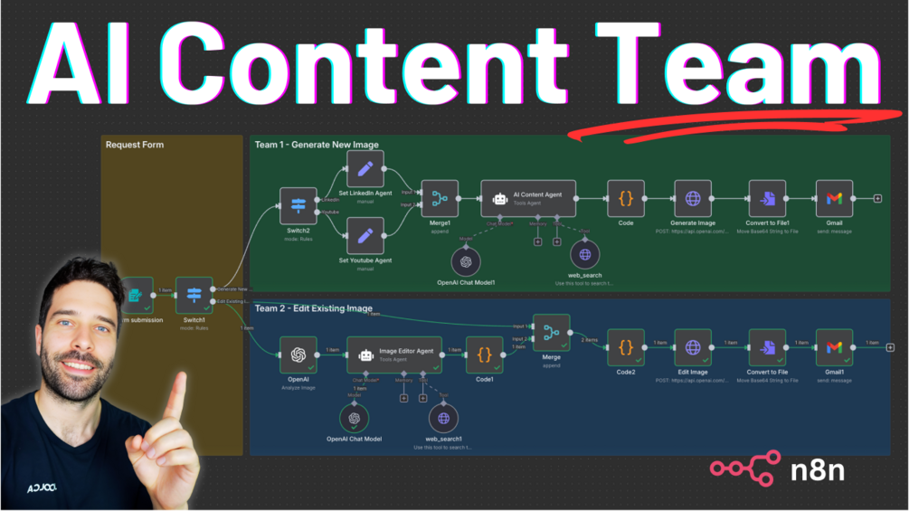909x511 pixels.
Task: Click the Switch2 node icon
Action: tap(298, 206)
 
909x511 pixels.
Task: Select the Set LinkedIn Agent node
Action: tap(365, 169)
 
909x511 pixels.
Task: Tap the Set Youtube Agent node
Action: tap(365, 235)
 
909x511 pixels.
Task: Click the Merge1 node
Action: tap(440, 198)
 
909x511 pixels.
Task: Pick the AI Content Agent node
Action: tap(528, 198)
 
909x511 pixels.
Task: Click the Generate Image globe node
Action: tap(693, 198)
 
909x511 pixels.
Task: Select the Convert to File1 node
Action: tap(768, 198)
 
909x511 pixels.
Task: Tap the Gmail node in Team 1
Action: tap(834, 198)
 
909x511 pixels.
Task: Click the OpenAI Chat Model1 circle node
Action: tap(466, 261)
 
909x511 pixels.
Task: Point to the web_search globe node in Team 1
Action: tap(585, 255)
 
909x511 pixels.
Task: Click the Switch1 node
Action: tap(194, 295)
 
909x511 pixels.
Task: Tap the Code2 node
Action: tap(626, 347)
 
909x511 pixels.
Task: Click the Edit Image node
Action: tap(693, 347)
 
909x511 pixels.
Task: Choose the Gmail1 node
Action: tap(834, 347)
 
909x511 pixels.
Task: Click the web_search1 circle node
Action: tap(443, 419)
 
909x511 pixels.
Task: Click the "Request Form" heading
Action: tap(135, 145)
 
